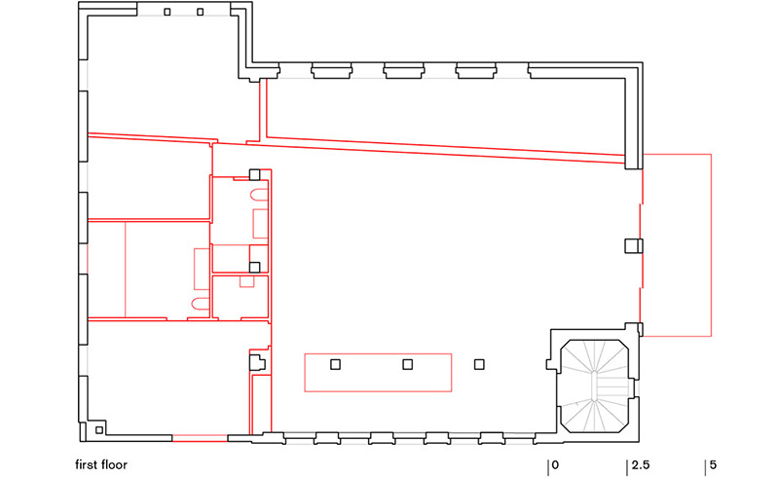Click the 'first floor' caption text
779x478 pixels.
[x=101, y=465]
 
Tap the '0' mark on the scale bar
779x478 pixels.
[x=555, y=465]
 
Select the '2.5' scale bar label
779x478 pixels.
[x=641, y=465]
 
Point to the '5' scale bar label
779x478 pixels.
[x=713, y=465]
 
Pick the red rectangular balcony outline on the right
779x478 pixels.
[x=712, y=245]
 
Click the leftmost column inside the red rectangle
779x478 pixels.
[x=335, y=365]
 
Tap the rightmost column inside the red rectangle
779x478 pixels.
[x=407, y=365]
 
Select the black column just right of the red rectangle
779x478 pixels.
[x=479, y=365]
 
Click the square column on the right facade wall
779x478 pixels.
[x=634, y=246]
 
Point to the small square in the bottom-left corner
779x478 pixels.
[x=99, y=429]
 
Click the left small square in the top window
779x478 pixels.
[x=167, y=12]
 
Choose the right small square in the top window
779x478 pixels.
[x=201, y=12]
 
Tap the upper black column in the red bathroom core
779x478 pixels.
[x=254, y=175]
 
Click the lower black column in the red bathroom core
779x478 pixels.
[x=254, y=268]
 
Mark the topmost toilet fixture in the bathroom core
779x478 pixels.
[x=259, y=195]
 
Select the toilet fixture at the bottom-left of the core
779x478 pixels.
[x=201, y=304]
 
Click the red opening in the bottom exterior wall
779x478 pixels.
[x=201, y=438]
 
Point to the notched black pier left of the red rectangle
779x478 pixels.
[x=257, y=362]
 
